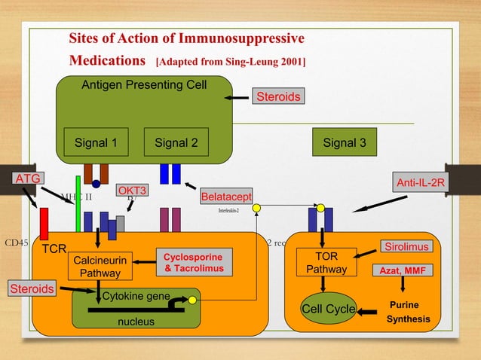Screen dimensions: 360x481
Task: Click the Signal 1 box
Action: pyautogui.click(x=96, y=142)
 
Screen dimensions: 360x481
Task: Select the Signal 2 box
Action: pyautogui.click(x=176, y=142)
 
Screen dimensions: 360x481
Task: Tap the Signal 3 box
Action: pyautogui.click(x=345, y=142)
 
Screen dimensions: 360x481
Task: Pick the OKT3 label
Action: pyautogui.click(x=131, y=191)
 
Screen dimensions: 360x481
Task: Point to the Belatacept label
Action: pyautogui.click(x=225, y=197)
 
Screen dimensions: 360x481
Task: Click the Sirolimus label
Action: pyautogui.click(x=406, y=247)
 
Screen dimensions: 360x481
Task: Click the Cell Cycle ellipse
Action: pyautogui.click(x=328, y=310)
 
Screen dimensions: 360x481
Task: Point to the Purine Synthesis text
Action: pyautogui.click(x=409, y=313)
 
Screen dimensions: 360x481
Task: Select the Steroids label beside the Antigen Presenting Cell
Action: pyautogui.click(x=278, y=96)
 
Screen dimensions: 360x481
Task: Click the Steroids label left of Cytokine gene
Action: pyautogui.click(x=32, y=288)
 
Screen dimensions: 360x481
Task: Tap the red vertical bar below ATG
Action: pyautogui.click(x=44, y=224)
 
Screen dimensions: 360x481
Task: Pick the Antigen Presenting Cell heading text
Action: pyautogui.click(x=144, y=84)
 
